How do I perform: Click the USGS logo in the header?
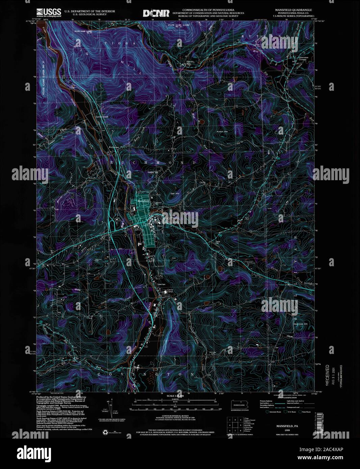pos(50,12)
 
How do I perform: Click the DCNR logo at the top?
pos(156,13)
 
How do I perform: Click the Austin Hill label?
pos(223,131)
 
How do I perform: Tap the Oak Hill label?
pos(175,193)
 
